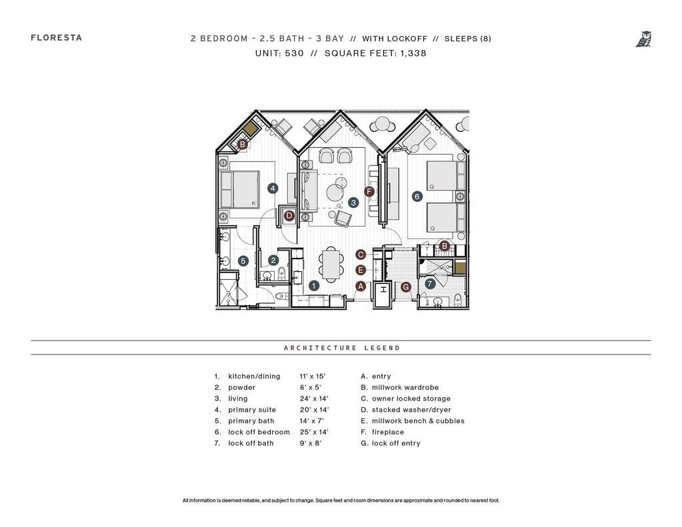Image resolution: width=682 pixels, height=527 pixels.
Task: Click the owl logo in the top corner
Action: pos(644,39)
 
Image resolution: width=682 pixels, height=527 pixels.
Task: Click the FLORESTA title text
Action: pos(57,38)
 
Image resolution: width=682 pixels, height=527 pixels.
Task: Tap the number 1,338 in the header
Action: pos(413,53)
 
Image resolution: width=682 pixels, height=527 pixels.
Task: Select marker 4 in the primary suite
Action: pos(273,189)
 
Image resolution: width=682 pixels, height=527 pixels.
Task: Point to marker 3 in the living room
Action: pos(353,202)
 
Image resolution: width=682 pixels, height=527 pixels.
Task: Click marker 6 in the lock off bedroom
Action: pos(417,197)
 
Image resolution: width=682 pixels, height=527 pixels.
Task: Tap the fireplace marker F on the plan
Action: pos(369,191)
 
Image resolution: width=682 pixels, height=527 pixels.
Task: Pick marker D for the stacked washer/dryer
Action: pos(289,215)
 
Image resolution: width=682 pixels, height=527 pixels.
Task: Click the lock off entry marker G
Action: pos(406,287)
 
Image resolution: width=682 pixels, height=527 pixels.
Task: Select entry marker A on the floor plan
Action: pos(361,286)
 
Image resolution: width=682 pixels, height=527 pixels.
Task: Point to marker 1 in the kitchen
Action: pos(314,286)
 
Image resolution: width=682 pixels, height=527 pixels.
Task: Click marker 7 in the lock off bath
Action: pos(430,284)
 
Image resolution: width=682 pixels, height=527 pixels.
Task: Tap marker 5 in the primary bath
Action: pos(243,261)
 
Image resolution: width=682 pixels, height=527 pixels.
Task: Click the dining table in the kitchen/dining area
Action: pos(331,264)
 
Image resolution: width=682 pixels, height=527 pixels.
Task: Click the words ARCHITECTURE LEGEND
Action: pos(342,348)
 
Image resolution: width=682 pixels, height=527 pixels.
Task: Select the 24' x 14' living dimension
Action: pos(314,398)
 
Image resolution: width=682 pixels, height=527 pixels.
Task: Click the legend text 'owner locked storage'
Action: pos(411,398)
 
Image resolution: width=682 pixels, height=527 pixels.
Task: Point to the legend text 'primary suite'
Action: pos(252,410)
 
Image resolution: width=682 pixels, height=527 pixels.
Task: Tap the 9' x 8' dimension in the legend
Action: pos(311,444)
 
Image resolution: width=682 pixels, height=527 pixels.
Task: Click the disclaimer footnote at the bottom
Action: pos(341,500)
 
